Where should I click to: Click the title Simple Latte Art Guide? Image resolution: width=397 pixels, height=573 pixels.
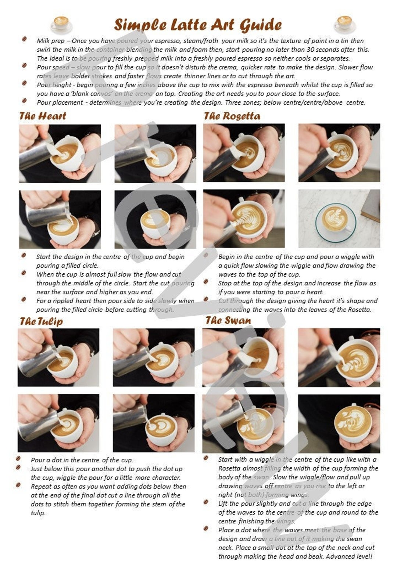click(198, 25)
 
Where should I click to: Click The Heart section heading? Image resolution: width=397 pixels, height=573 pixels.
click(43, 116)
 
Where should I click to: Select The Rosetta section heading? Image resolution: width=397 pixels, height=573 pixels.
click(232, 116)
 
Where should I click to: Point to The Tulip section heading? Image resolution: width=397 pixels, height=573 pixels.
click(41, 322)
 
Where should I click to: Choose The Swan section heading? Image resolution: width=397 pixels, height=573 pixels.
click(228, 320)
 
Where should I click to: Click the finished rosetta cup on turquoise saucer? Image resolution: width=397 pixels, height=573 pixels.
click(335, 219)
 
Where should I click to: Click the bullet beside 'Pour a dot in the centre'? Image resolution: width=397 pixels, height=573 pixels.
click(18, 459)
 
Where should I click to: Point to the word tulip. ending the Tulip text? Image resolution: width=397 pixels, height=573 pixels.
click(38, 513)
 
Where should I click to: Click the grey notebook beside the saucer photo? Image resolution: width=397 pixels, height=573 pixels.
click(371, 206)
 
